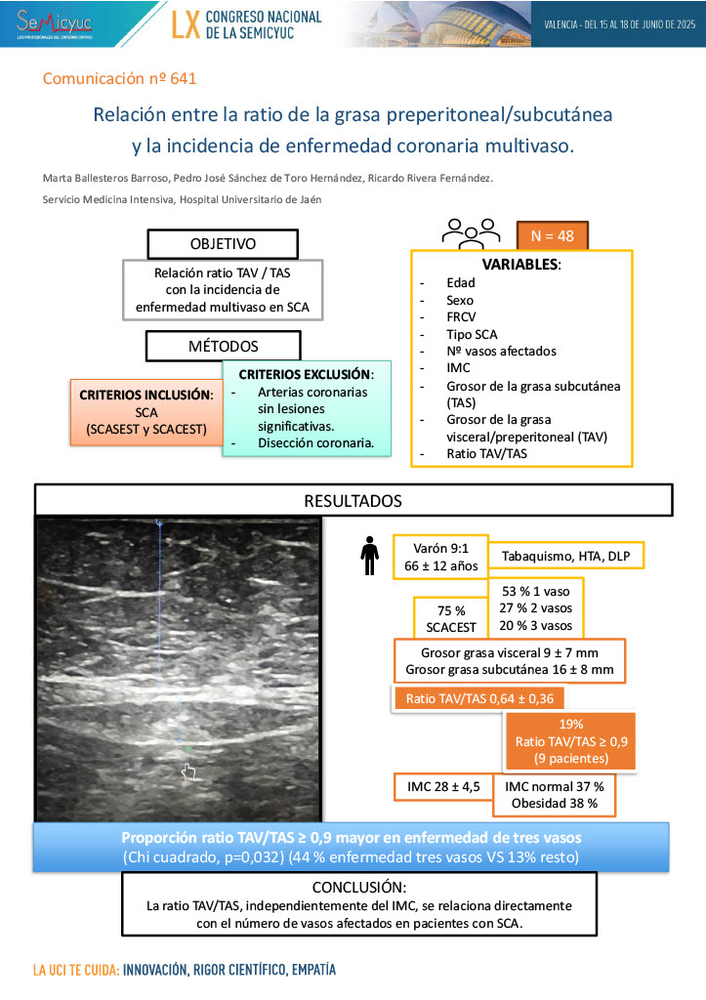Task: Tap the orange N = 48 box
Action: pyautogui.click(x=552, y=234)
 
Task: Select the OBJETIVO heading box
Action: pyautogui.click(x=223, y=243)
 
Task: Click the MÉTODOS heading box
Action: pyautogui.click(x=223, y=346)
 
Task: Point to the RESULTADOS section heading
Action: pyautogui.click(x=353, y=500)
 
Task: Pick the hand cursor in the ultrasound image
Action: pyautogui.click(x=189, y=771)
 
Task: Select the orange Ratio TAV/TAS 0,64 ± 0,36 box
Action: pyautogui.click(x=478, y=698)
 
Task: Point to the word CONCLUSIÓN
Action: pyautogui.click(x=358, y=888)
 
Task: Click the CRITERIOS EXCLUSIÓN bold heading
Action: pyautogui.click(x=306, y=374)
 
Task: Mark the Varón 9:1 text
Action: pyautogui.click(x=438, y=548)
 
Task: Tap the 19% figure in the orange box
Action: pyautogui.click(x=571, y=725)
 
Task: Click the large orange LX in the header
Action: pyautogui.click(x=185, y=23)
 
